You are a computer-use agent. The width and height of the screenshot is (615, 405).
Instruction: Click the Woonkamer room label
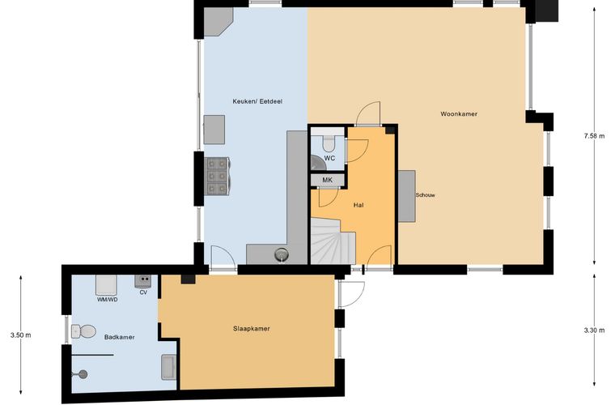459,114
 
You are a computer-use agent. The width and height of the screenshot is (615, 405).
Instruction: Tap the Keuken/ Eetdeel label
257,101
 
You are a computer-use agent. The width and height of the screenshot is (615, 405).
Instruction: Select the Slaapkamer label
252,329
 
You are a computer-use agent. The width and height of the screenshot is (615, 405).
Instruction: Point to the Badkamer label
119,337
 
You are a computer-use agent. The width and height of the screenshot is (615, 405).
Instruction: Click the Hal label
358,205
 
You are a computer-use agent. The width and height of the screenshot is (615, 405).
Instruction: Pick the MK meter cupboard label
328,180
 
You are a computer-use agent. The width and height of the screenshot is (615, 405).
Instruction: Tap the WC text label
329,158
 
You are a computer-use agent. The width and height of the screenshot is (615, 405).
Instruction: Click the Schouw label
426,195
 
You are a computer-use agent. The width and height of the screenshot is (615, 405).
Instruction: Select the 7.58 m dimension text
595,136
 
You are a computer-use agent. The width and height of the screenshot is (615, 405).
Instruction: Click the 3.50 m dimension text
21,335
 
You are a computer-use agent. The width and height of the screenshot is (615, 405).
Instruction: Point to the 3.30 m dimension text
595,330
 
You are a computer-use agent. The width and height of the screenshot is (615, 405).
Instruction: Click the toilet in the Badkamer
83,331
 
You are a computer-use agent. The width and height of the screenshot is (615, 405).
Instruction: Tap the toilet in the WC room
329,143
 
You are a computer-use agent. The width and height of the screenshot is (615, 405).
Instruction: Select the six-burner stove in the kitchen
218,177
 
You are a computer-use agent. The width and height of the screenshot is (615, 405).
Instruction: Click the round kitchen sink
282,255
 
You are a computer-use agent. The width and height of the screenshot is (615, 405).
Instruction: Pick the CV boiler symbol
143,281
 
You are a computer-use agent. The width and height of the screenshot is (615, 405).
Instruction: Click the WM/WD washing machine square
106,285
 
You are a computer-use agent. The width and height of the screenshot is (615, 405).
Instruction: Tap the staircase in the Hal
333,241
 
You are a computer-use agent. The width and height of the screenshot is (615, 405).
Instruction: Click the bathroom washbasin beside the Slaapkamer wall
169,367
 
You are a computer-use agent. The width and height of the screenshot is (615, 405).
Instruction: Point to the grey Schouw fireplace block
407,196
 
